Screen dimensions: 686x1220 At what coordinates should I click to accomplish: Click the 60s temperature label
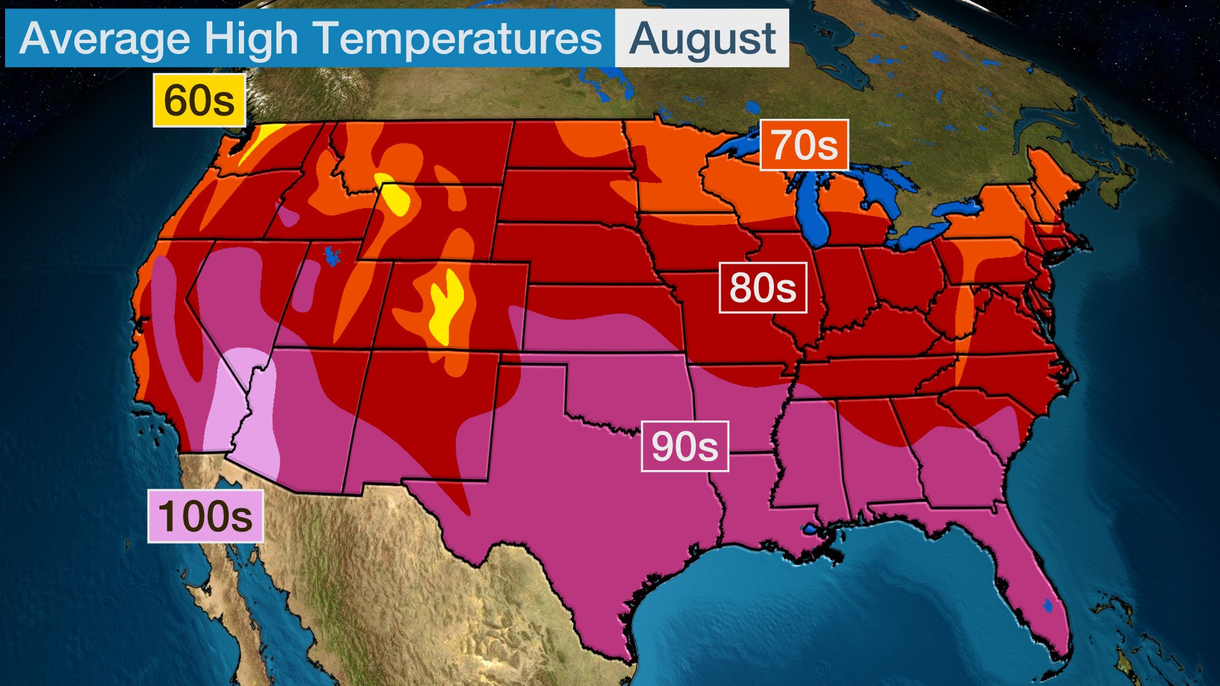[199, 100]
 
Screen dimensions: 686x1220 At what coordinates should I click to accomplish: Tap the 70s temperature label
[804, 145]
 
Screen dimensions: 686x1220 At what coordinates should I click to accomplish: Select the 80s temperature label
[762, 288]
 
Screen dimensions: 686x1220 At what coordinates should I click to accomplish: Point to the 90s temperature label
[684, 447]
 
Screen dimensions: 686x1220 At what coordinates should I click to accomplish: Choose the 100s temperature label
[205, 516]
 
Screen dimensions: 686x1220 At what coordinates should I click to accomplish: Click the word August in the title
[702, 38]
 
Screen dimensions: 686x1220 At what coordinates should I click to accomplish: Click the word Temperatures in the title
[458, 38]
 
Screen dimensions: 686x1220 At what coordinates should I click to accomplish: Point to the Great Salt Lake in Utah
[332, 256]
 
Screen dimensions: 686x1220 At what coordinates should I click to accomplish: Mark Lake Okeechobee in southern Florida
[1048, 606]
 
